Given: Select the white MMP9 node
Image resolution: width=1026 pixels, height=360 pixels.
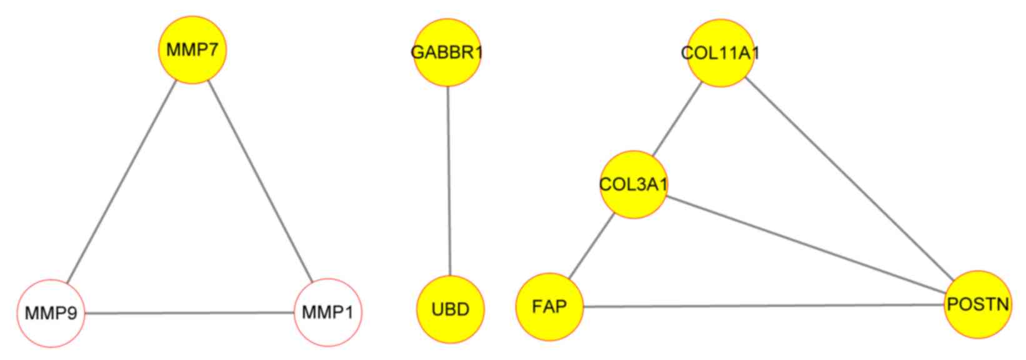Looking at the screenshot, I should coord(51,312).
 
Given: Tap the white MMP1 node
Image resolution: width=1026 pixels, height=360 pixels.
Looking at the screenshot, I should coord(327,312).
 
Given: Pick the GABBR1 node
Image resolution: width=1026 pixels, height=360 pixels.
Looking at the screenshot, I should coord(447,52).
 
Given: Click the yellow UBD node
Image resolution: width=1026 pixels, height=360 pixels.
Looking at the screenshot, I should coord(450,309).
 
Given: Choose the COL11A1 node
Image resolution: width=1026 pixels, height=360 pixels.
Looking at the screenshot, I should coord(720,52).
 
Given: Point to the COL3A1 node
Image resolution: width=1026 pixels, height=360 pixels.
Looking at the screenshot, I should coord(634,184).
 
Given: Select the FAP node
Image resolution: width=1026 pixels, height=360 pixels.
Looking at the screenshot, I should coord(549,307).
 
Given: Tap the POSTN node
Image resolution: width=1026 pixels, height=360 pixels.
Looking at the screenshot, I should coord(977,304).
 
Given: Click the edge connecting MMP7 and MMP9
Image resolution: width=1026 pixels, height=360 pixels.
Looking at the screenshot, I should coord(122,182).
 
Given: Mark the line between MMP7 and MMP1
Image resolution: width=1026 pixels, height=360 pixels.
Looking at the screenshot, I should coord(260,182).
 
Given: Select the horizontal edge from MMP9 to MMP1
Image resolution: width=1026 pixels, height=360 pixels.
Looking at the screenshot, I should coord(189,312).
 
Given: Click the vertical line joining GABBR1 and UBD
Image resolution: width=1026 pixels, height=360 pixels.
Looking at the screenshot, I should coord(449,181).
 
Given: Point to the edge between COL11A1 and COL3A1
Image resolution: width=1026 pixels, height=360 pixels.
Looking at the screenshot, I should coord(677,119).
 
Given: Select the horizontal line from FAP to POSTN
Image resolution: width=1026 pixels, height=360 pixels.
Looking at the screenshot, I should coord(763,306).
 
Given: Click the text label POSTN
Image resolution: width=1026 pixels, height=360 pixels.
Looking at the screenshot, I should coord(978,304).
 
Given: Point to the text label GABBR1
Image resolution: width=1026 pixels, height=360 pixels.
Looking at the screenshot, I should coord(447,52).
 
